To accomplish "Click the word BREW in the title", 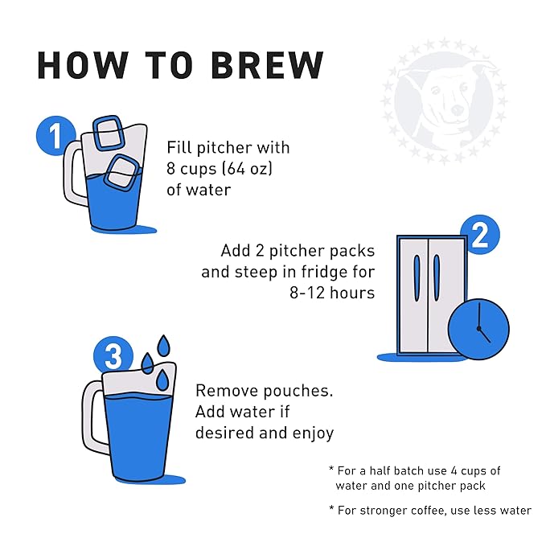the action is [x=267, y=65].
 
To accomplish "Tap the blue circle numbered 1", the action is [x=55, y=136].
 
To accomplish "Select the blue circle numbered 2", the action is [x=480, y=235].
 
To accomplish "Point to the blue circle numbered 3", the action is [x=113, y=356].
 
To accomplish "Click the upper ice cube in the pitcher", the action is [x=109, y=133].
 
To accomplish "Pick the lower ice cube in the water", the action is [x=122, y=172].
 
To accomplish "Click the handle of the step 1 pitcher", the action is [x=74, y=174].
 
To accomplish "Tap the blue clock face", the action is [x=478, y=329].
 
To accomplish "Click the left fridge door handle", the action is [x=417, y=278].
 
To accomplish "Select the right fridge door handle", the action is [x=437, y=278].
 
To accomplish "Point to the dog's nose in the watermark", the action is [x=457, y=110].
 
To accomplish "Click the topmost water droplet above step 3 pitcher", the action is [x=163, y=346].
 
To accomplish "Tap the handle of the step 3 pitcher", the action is [x=93, y=417].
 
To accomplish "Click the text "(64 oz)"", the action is [x=247, y=169].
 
